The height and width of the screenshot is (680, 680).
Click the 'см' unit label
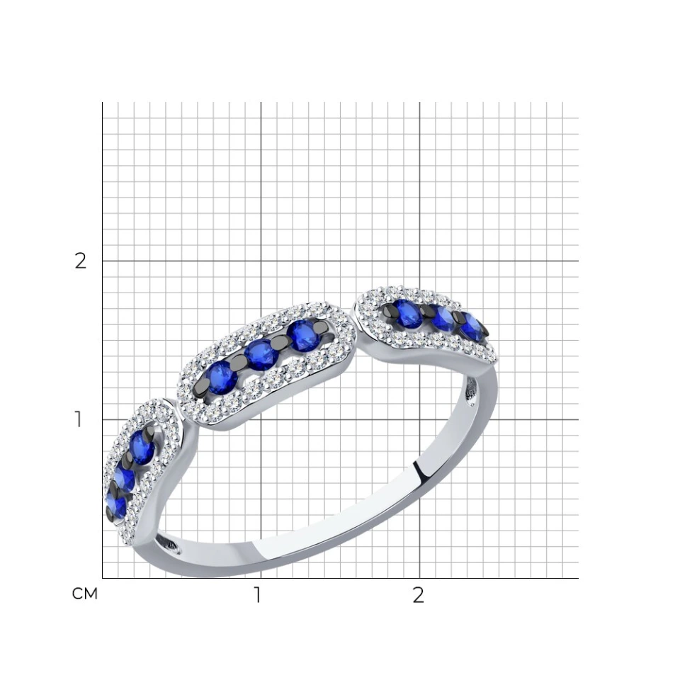(84, 594)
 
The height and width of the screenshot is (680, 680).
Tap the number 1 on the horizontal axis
(258, 595)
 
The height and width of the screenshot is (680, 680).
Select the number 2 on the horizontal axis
(418, 595)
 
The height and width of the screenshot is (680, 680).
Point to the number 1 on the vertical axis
(78, 419)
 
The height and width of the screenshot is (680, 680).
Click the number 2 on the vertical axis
(80, 261)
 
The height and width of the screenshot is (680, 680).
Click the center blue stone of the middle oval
(261, 355)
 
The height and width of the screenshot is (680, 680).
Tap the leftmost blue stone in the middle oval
(222, 378)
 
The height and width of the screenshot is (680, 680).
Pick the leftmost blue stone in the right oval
(407, 314)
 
